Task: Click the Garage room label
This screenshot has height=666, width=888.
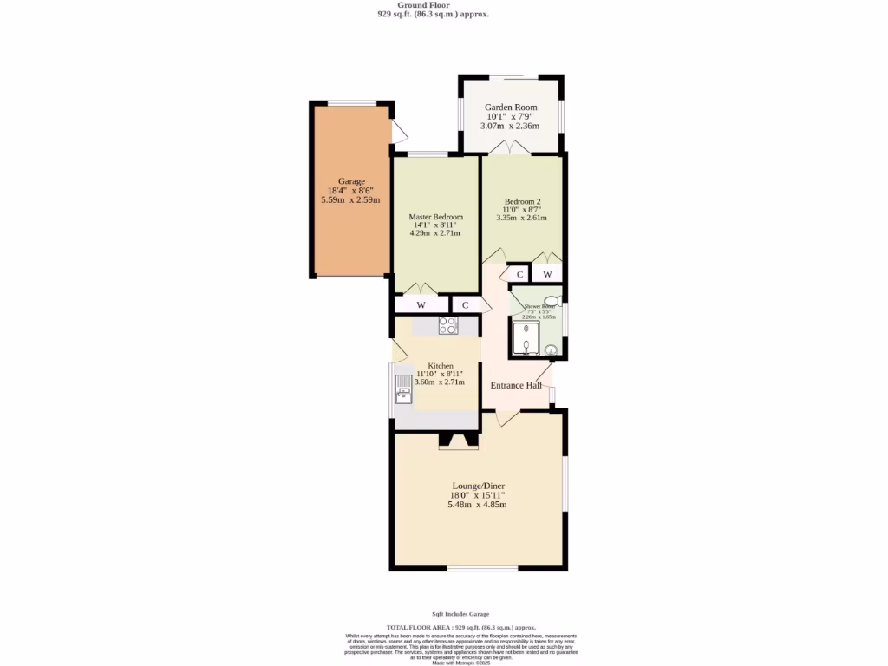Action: (351, 181)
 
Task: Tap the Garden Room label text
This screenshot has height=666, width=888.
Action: (510, 108)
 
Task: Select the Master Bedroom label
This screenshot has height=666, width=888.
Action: (435, 217)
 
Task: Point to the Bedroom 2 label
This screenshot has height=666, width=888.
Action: (522, 201)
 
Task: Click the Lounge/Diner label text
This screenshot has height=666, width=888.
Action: (478, 486)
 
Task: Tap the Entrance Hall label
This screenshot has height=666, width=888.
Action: (516, 385)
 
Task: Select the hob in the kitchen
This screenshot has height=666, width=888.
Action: (448, 326)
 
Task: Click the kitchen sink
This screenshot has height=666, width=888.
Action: (403, 389)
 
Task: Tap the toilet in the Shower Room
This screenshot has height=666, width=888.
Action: (552, 302)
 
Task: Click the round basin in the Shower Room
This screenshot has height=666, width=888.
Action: (550, 351)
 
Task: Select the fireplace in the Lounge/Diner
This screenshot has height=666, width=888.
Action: (458, 441)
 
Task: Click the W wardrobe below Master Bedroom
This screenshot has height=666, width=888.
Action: (421, 305)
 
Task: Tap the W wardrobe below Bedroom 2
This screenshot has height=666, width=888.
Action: (547, 275)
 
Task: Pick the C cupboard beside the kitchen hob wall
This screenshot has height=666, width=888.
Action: (466, 305)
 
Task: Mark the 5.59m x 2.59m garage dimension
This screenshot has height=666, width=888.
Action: (351, 200)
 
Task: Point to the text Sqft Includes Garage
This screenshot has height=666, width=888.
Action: (460, 614)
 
